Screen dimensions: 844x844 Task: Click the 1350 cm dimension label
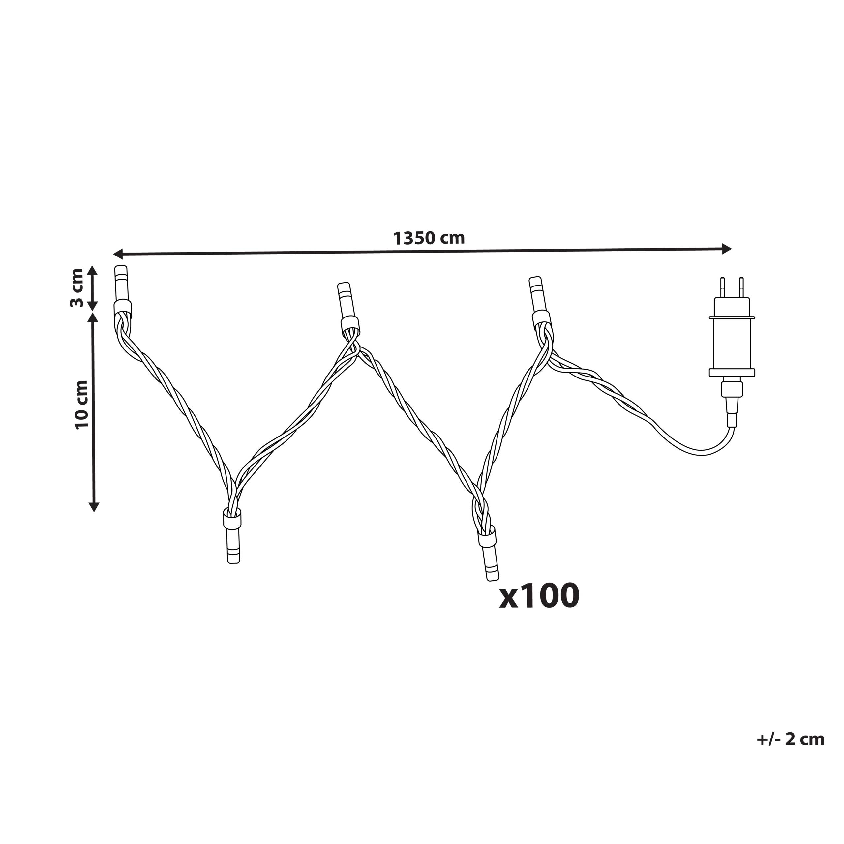pyautogui.click(x=429, y=238)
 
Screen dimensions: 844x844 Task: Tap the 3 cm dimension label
pyautogui.click(x=76, y=288)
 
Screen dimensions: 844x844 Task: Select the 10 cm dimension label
pyautogui.click(x=82, y=404)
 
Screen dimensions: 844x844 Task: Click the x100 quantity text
pyautogui.click(x=539, y=596)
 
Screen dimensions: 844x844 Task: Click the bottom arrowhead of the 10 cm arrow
pyautogui.click(x=94, y=506)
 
